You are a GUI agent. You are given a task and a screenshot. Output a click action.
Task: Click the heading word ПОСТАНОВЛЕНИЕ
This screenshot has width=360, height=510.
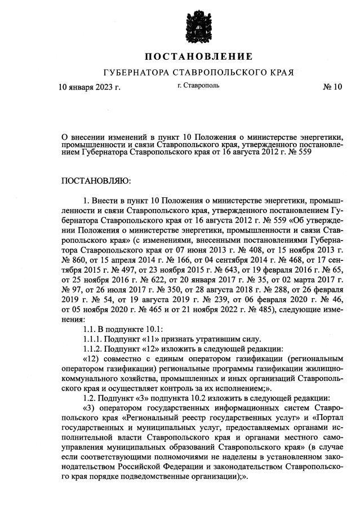[198, 57]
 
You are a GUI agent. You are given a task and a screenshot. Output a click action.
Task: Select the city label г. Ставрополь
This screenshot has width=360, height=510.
[198, 86]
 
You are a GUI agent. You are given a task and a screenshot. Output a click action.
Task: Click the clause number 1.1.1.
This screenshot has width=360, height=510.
[94, 339]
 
